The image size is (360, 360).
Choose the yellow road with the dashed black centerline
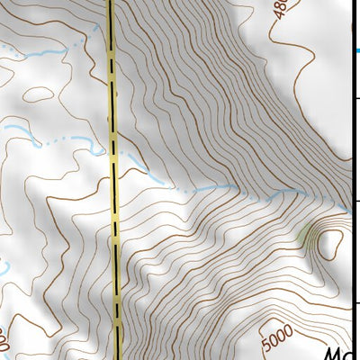coord(114,225)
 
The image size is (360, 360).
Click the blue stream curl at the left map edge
coord(4,267)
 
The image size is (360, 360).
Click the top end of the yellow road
coord(111,3)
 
